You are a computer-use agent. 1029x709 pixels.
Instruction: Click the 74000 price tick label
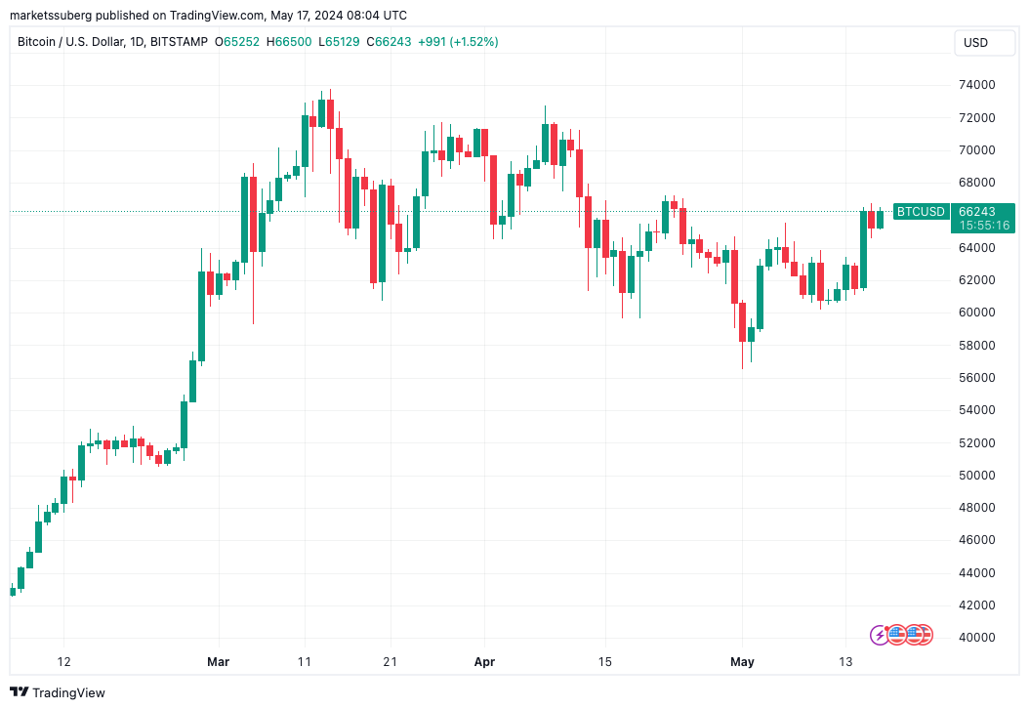(x=976, y=85)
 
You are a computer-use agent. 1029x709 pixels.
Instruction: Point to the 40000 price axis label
(x=976, y=638)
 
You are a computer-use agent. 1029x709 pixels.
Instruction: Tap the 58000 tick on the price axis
(x=976, y=345)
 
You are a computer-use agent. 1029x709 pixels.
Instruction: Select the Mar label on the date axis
(x=218, y=662)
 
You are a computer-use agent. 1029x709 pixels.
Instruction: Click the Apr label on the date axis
(x=484, y=662)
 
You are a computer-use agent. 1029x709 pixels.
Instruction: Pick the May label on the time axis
(x=743, y=662)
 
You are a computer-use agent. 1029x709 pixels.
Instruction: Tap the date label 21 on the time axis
(x=391, y=662)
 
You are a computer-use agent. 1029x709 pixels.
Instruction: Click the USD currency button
(x=975, y=43)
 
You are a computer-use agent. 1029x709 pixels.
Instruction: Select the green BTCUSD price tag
(x=921, y=212)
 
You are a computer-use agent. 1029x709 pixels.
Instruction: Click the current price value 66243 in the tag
(x=976, y=212)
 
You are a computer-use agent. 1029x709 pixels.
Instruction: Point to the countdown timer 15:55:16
(x=984, y=226)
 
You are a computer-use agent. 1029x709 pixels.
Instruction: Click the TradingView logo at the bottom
(x=58, y=692)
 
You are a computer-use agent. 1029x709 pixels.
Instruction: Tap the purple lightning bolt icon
(x=879, y=635)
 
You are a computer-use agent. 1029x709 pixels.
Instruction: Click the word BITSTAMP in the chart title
(x=181, y=42)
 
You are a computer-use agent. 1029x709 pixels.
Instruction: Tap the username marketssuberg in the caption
(x=49, y=16)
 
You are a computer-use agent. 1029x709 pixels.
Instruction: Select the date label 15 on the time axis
(x=606, y=662)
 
